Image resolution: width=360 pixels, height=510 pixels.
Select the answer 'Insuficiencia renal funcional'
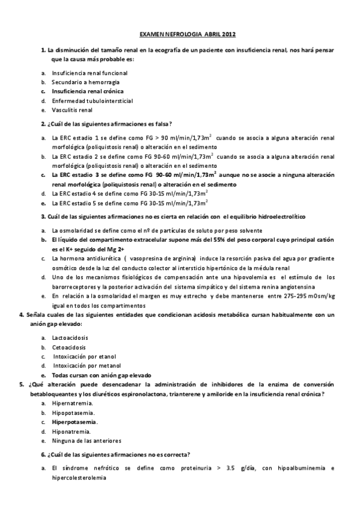[x=90, y=73]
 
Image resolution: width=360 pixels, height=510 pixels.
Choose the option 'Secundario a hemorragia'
[x=85, y=82]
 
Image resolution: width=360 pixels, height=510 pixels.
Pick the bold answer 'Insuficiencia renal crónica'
[x=88, y=91]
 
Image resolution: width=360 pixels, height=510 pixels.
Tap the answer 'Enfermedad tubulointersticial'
[x=92, y=100]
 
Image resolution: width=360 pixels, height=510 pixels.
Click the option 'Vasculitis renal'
[x=72, y=110]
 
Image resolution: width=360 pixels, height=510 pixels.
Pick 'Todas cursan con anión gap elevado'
[x=101, y=374]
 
